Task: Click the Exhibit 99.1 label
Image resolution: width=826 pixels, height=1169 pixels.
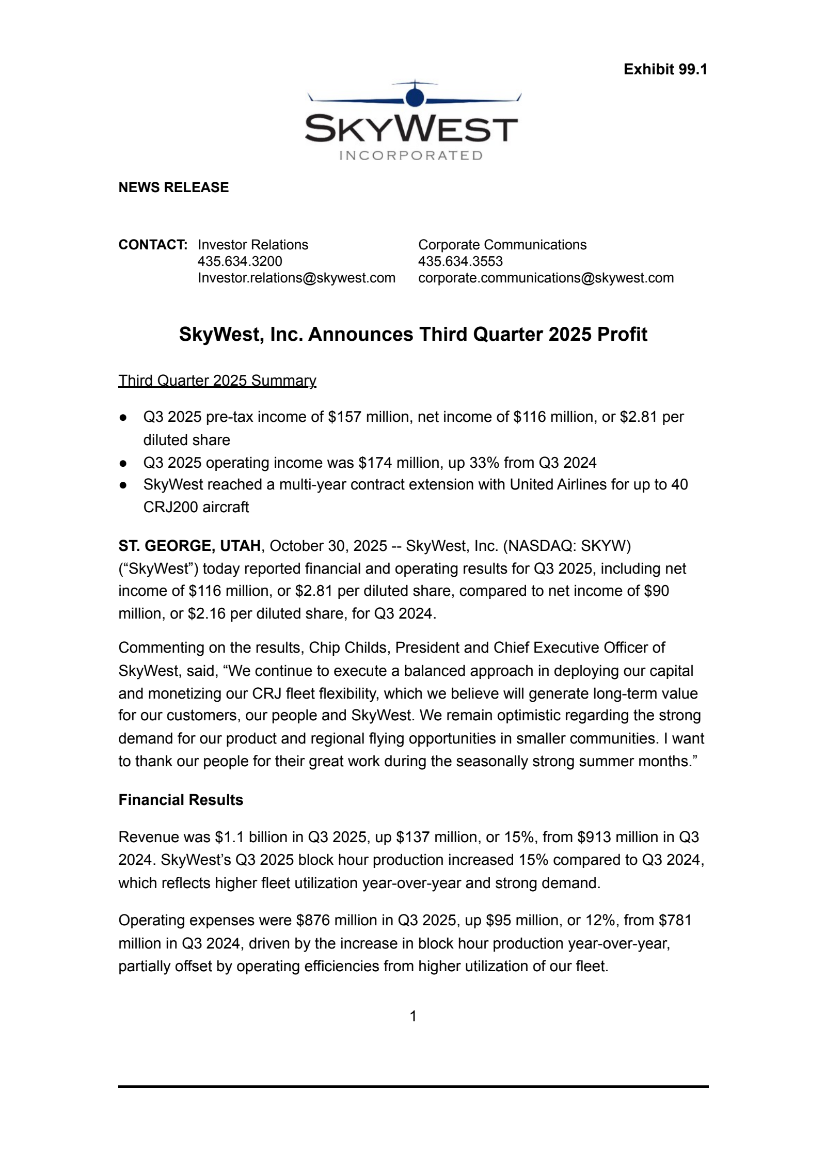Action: coord(665,69)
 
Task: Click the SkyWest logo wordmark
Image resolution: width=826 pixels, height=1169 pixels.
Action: coord(411,129)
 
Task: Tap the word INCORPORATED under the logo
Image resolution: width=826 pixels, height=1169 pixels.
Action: coord(411,155)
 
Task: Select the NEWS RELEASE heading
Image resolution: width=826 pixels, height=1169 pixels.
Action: coord(173,187)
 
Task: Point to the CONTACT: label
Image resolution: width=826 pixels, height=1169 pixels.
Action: coord(153,245)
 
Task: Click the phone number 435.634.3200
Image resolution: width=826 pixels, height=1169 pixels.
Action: coord(240,261)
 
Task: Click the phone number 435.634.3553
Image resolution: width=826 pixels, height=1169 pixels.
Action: coord(460,261)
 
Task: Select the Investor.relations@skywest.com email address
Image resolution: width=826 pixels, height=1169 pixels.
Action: coord(296,278)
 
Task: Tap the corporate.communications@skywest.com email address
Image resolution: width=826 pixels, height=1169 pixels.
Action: coord(546,278)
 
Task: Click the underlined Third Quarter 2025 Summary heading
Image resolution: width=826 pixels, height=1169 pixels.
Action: coord(217,381)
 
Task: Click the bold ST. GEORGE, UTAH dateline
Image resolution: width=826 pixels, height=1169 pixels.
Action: coord(189,546)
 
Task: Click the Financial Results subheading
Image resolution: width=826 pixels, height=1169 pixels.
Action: coord(181,800)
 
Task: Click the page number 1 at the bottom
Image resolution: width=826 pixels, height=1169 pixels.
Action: coord(413,1016)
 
